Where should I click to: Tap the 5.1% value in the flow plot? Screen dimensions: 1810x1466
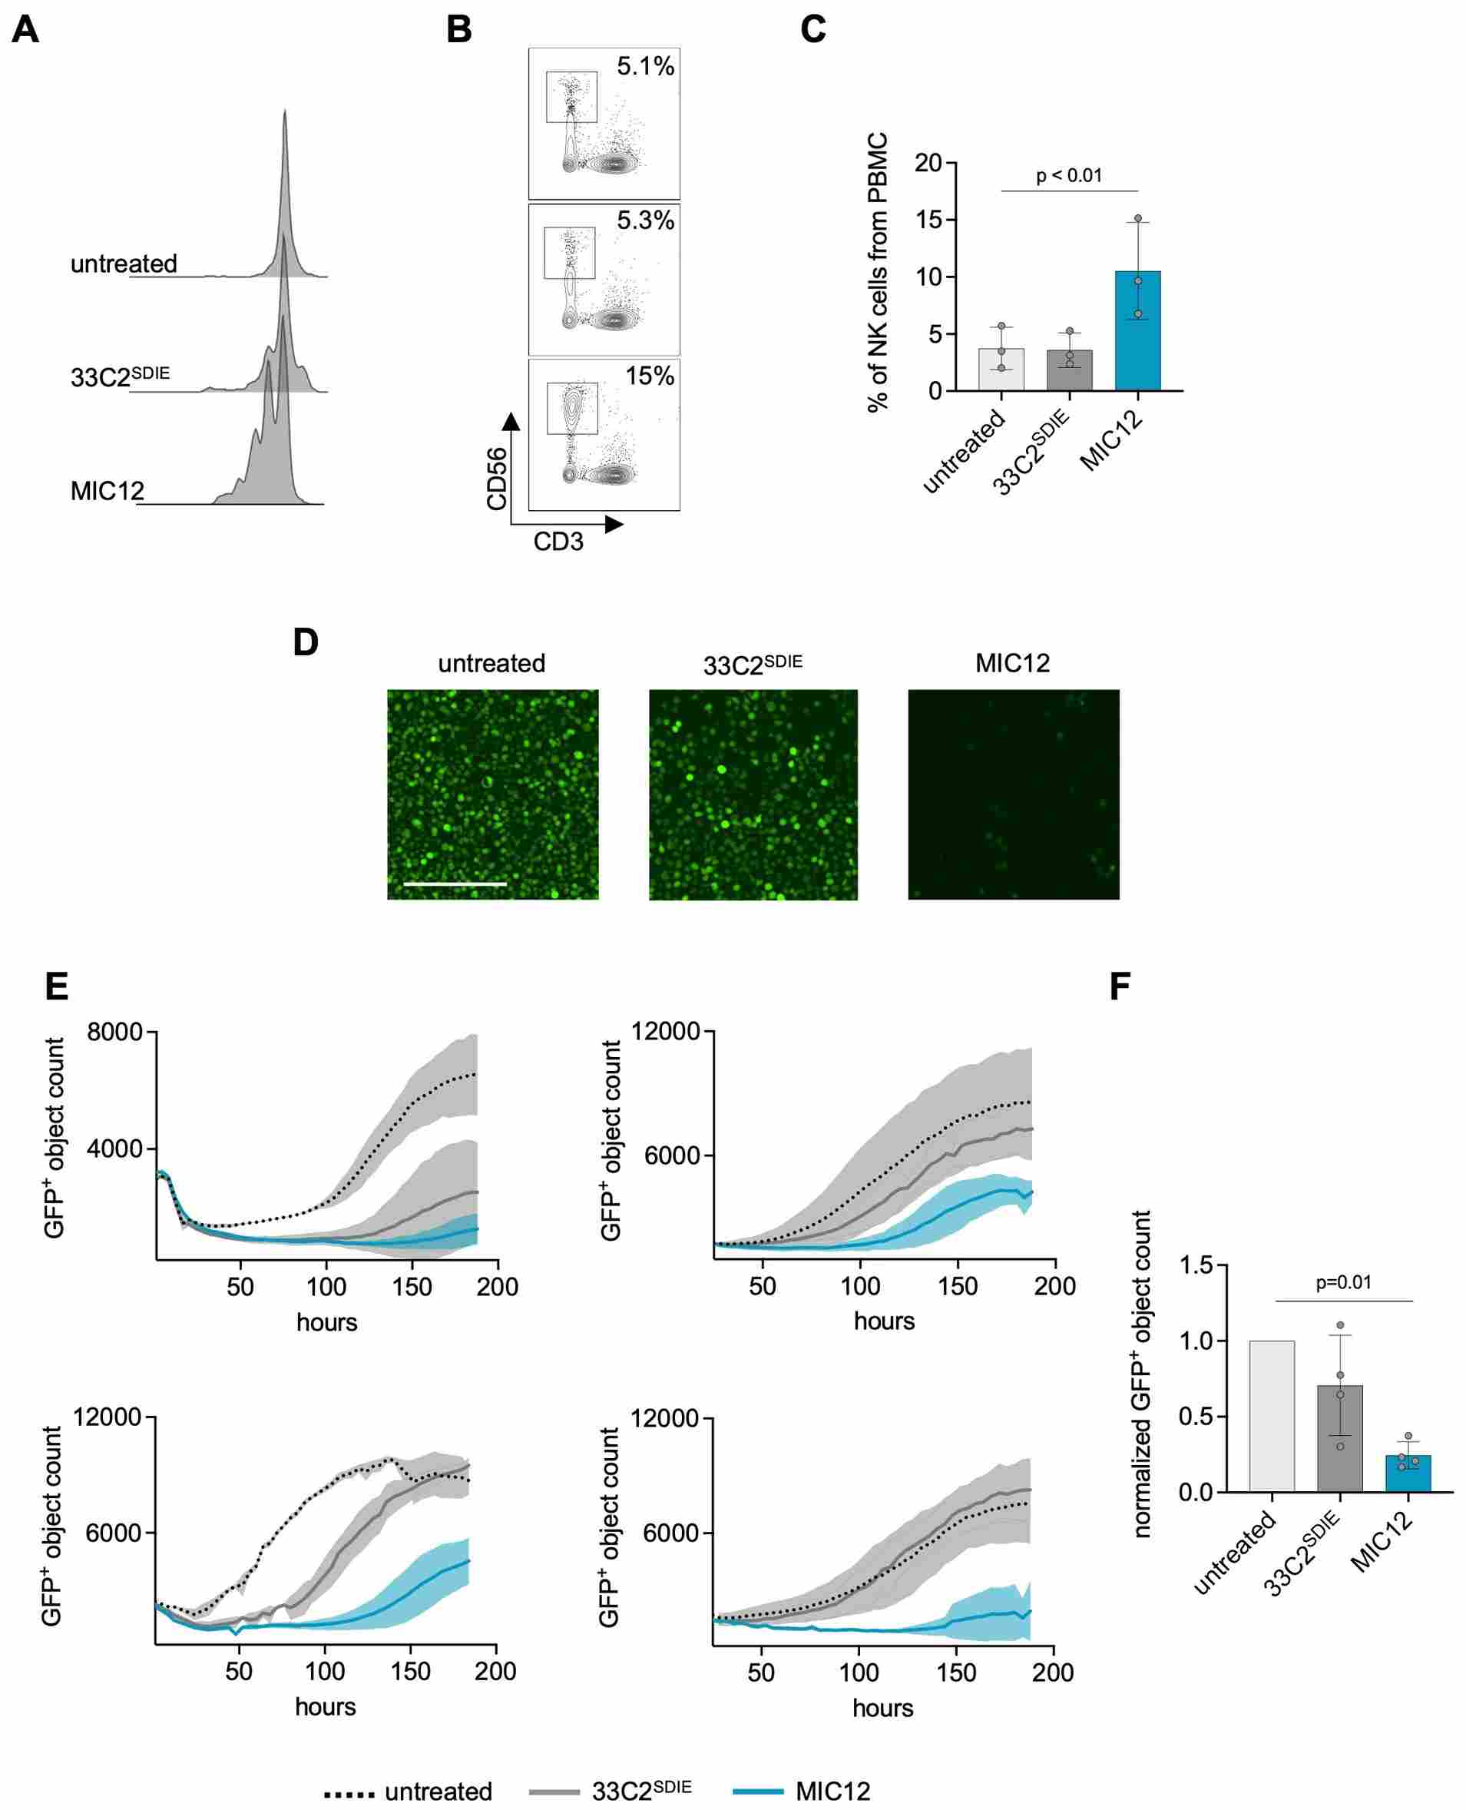tap(645, 66)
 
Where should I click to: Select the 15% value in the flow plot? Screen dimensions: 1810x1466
tap(650, 376)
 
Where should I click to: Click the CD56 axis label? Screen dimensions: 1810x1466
tap(497, 479)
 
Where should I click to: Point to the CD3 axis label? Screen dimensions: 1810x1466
tap(558, 542)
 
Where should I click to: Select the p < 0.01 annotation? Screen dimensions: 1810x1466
tap(1069, 176)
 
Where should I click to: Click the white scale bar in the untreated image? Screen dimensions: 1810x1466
tap(455, 883)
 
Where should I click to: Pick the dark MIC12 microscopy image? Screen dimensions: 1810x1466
tap(1014, 794)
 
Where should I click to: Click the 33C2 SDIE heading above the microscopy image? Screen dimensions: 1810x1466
tap(753, 665)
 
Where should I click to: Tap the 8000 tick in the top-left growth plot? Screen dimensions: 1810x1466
tap(115, 1031)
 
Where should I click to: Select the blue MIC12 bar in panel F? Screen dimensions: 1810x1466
tap(1408, 1473)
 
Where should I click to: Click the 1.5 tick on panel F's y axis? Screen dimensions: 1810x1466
tap(1196, 1265)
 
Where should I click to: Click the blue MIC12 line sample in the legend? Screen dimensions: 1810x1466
tap(757, 1792)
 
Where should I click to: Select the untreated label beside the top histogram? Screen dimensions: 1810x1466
tap(124, 264)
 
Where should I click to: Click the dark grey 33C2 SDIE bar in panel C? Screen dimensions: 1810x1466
tap(1069, 370)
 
